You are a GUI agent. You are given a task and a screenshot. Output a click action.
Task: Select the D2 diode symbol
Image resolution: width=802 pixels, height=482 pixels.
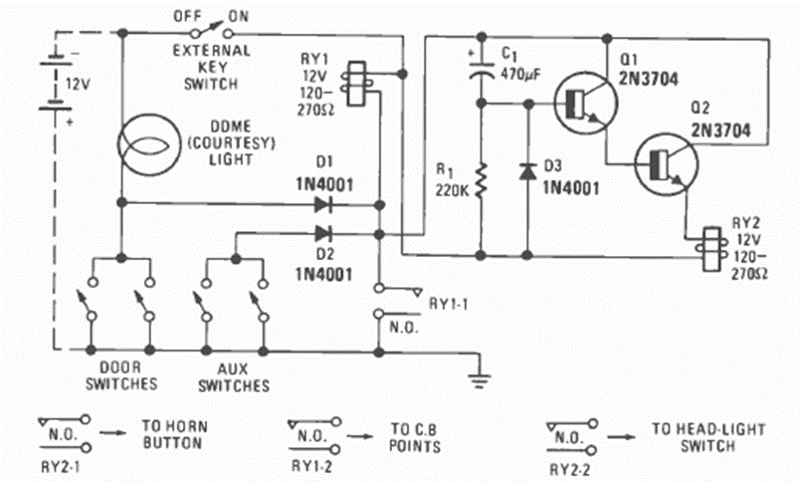coord(322,234)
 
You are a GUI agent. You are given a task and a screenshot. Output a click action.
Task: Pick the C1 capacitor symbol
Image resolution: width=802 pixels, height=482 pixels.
coord(481,71)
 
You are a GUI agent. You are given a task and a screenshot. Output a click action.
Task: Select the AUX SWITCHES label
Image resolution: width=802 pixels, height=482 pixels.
coord(236,375)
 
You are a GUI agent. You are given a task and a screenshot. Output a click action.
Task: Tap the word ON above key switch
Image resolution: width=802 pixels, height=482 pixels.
coord(239,16)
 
